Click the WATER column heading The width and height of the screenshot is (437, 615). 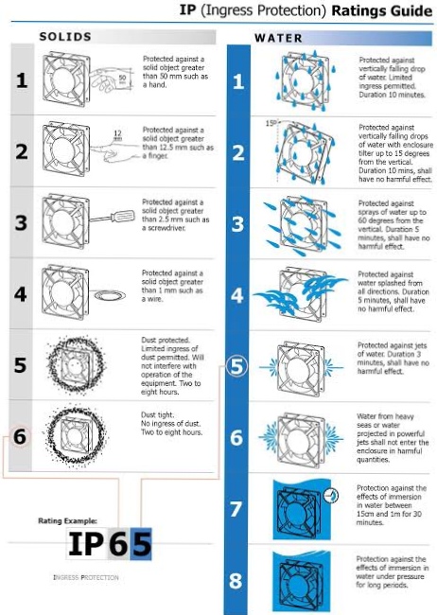coord(279,39)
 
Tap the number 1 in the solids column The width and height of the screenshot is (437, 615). coord(20,80)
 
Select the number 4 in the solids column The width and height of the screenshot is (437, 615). coord(20,293)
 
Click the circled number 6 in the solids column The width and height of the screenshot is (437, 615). coord(20,437)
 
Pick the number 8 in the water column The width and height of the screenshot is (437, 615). coord(237,578)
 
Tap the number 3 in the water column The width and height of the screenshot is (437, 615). coord(237,224)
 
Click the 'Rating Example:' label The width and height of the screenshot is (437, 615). coord(67,520)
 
